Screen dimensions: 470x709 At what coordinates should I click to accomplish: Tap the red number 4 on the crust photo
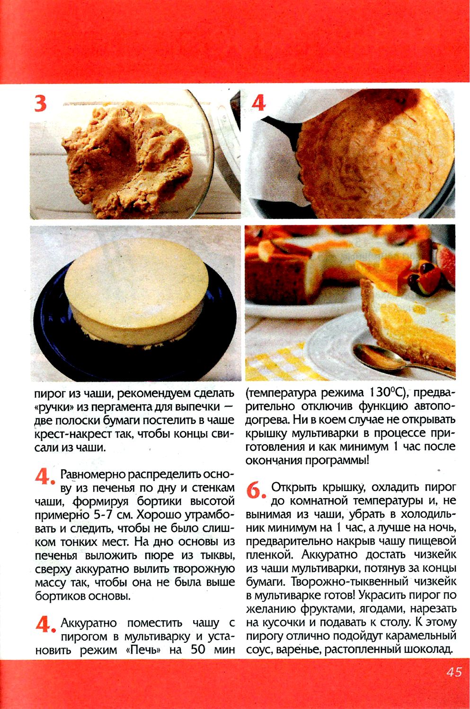pyautogui.click(x=258, y=103)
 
